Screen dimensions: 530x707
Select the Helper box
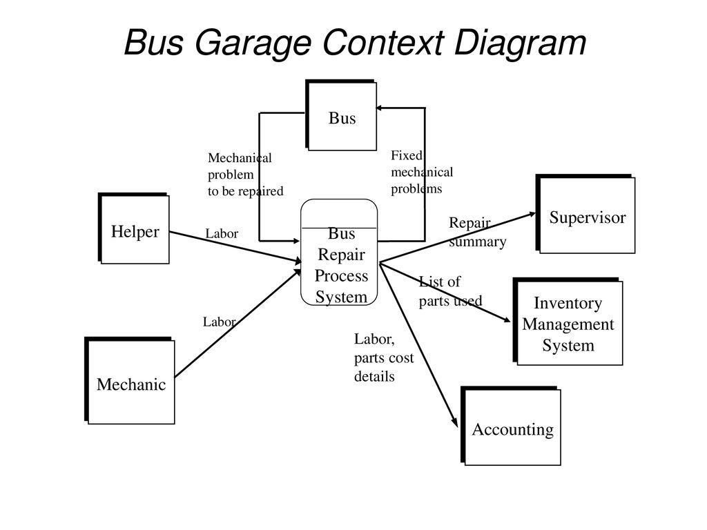135,230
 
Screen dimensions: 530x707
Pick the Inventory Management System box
568,322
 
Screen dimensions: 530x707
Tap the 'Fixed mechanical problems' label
421,172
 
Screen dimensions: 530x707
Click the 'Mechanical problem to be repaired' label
245,175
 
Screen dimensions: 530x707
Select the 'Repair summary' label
477,233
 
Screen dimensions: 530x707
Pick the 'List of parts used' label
450,291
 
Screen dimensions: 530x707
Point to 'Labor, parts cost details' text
383,357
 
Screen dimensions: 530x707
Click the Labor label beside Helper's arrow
222,234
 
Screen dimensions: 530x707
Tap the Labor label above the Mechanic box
219,322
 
